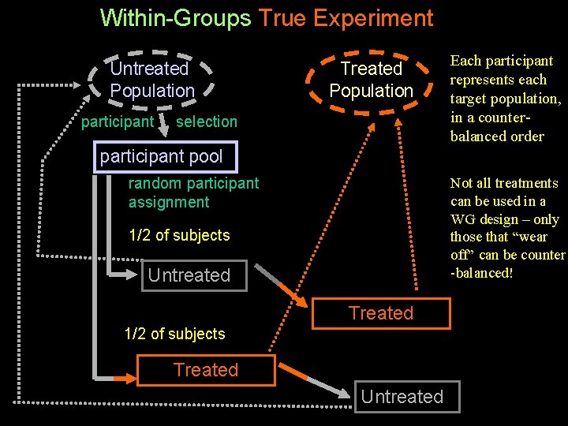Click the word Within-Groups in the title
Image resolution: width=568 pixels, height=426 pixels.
pos(175,17)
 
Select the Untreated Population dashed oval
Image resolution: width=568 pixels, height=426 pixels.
pos(152,80)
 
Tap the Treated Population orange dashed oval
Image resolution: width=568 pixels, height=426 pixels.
pos(371,80)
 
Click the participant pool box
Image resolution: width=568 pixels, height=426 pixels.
pos(162,156)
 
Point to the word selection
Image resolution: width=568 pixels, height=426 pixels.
pos(207,121)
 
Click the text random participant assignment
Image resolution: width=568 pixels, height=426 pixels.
pos(193,192)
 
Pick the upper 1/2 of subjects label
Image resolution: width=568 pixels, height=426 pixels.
pos(179,235)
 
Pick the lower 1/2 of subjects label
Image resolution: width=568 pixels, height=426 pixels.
pos(174,334)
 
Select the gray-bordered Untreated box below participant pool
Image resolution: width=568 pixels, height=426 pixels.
pos(189,275)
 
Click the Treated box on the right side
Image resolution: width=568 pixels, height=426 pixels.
pos(381,313)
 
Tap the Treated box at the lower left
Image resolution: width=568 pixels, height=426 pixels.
pos(206,370)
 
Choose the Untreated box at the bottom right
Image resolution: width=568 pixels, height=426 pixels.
pos(402,396)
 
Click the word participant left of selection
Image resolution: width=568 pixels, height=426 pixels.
pos(118,121)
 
